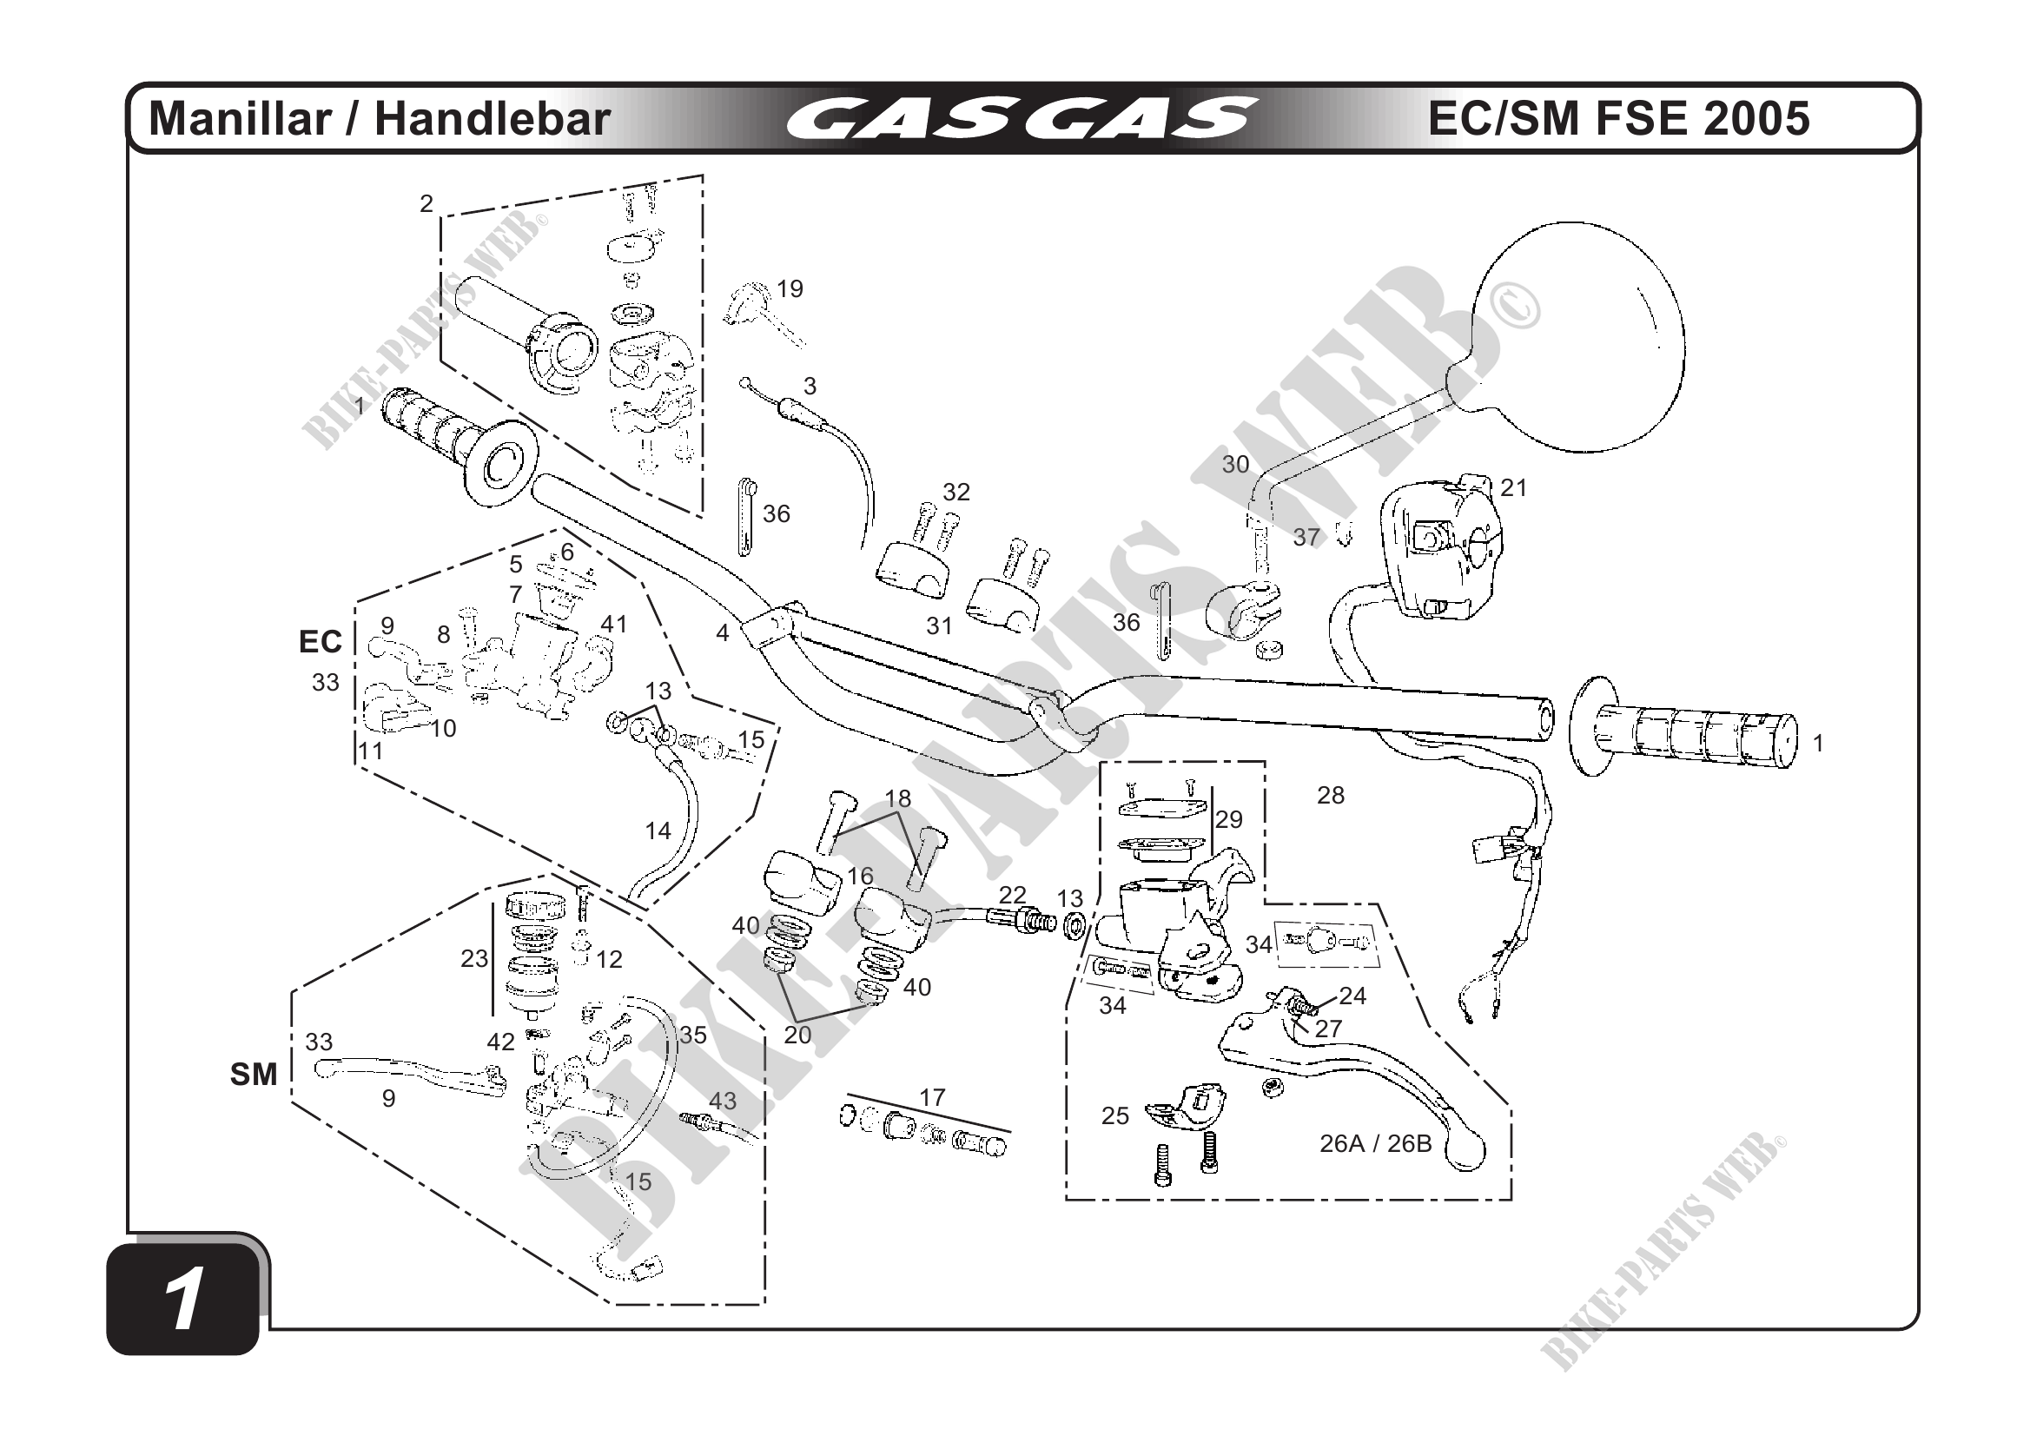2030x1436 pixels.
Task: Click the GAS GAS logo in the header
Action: [1022, 119]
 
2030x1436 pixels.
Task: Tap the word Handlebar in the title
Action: [493, 119]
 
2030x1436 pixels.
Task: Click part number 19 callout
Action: [790, 289]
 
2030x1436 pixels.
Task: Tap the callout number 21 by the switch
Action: [1514, 488]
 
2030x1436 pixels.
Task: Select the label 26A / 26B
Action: [1375, 1143]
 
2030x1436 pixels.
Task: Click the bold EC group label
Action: [320, 641]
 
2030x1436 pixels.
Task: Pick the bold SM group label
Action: [254, 1075]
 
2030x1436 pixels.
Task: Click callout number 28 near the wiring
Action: [1331, 796]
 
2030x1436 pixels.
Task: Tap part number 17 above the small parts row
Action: [932, 1097]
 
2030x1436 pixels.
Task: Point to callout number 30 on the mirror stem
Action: [1235, 464]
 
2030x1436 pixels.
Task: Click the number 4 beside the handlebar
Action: [723, 633]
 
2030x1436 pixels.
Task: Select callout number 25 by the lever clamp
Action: [1115, 1116]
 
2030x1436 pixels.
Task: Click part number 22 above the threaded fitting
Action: [1012, 894]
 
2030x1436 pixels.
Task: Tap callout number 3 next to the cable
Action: [810, 386]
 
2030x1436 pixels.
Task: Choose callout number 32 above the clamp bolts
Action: [955, 492]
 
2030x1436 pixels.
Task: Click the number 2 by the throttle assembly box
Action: [426, 204]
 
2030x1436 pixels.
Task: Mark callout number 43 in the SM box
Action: [723, 1101]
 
